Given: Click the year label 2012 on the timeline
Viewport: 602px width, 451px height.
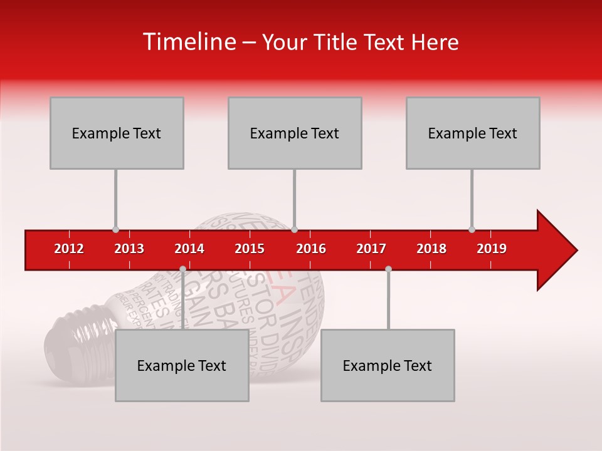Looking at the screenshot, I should tap(69, 249).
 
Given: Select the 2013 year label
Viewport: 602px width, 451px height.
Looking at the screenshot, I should tap(129, 249).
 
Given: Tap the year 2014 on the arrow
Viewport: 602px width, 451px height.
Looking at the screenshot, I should tap(189, 249).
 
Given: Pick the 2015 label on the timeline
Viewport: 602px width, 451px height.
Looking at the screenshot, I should tap(250, 249).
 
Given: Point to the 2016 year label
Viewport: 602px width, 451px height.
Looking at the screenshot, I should tap(311, 249).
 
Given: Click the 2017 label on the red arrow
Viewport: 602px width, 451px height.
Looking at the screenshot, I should tap(371, 249).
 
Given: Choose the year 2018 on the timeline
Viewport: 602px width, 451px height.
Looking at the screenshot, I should tap(431, 249).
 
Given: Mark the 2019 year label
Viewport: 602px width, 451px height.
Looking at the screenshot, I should tap(492, 249).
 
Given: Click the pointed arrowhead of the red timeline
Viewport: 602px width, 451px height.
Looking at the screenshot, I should tap(558, 250).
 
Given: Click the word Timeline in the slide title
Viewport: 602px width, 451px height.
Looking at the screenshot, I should tap(188, 42).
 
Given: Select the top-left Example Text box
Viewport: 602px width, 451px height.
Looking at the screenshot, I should tap(117, 133).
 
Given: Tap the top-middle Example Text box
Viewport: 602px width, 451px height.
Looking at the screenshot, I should tap(295, 133).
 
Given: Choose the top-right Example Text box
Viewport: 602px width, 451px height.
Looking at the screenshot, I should tap(473, 133).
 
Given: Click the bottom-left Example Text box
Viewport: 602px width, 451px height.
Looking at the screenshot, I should tap(182, 366).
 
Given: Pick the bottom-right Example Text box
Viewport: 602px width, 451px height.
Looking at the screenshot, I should tap(388, 366).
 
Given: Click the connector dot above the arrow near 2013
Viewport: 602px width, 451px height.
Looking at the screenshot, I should tap(115, 230).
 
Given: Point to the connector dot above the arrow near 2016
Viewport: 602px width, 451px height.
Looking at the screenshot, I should tap(295, 230).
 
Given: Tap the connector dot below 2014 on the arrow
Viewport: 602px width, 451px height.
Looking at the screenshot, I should tap(182, 269).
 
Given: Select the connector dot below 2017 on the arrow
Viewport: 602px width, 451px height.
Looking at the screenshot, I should tap(388, 269).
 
